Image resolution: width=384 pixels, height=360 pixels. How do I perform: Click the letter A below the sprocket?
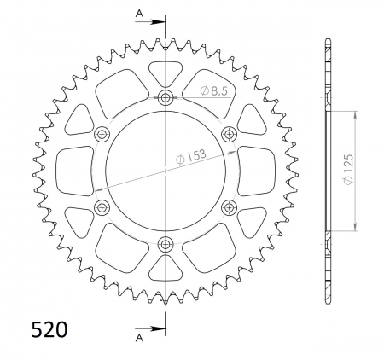(x=139, y=338)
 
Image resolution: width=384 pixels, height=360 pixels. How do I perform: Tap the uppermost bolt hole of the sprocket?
(x=166, y=96)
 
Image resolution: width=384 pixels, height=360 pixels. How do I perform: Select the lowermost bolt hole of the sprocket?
(x=166, y=244)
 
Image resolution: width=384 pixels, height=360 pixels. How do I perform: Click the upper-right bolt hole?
(x=229, y=133)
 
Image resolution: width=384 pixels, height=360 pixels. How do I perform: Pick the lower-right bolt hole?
(x=229, y=206)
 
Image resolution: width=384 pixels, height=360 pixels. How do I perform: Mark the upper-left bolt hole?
(x=102, y=133)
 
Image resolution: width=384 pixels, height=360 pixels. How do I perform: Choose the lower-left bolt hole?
(x=102, y=206)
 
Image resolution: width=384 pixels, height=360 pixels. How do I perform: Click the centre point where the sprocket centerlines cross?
(x=166, y=170)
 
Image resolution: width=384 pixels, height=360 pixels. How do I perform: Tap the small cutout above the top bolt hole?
(x=166, y=73)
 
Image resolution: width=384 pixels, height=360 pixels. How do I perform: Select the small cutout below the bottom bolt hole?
(x=166, y=269)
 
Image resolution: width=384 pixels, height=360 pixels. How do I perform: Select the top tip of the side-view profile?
(x=328, y=41)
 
